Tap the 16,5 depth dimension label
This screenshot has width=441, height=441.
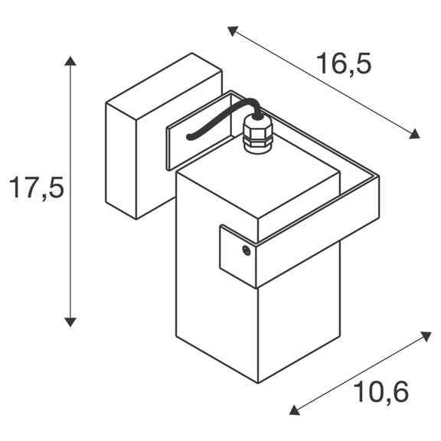344,64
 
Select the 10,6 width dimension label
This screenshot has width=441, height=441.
381,393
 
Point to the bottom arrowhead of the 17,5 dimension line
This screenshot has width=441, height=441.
70,322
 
